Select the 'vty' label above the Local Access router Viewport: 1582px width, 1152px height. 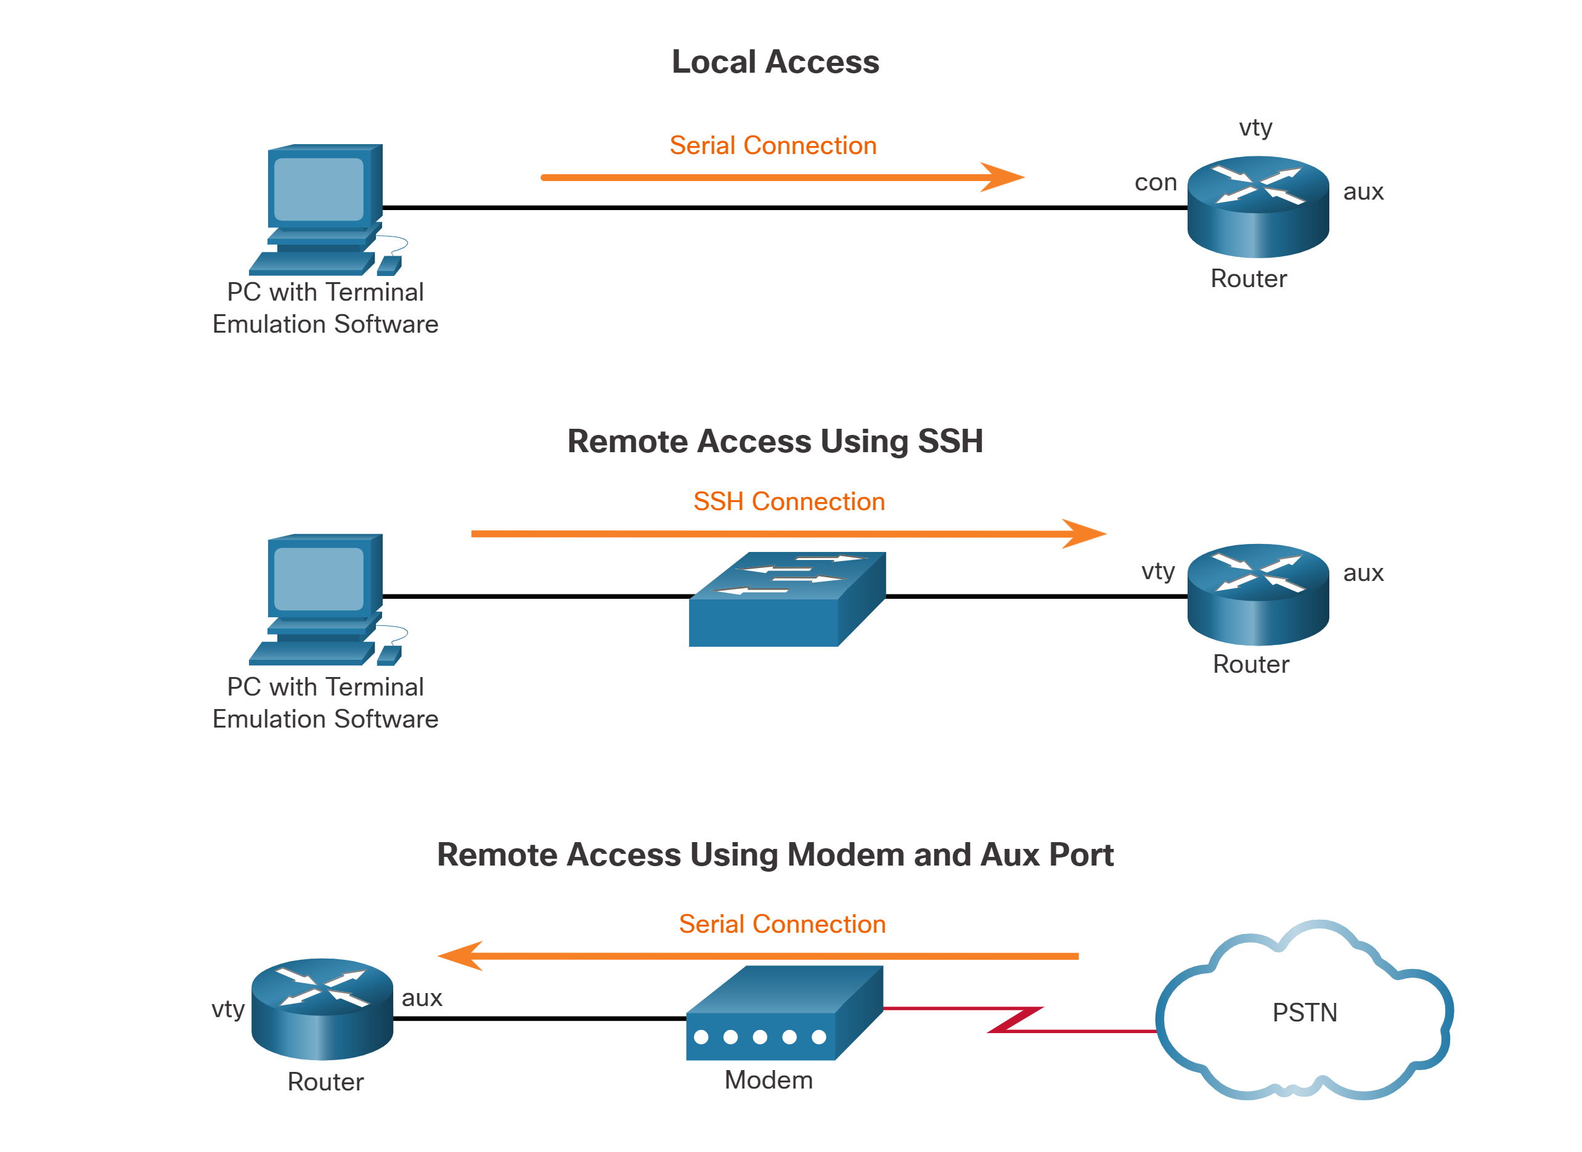point(1255,127)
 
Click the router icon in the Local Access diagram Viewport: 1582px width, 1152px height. point(1258,207)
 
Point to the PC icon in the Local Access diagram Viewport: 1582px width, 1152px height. point(325,209)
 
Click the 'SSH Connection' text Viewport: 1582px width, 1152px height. point(789,501)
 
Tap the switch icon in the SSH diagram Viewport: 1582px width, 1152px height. point(787,599)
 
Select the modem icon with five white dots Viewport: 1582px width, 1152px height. point(784,1013)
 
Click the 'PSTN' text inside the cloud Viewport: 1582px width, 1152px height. point(1305,1013)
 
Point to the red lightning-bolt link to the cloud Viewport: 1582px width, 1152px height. point(1016,1020)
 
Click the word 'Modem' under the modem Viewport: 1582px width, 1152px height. point(769,1079)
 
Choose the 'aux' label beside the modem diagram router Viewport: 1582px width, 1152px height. point(422,998)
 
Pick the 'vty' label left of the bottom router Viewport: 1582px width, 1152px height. point(228,1008)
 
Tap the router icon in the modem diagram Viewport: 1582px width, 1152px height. point(322,1009)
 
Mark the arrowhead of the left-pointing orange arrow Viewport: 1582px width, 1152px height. point(460,955)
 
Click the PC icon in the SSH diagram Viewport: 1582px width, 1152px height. point(325,599)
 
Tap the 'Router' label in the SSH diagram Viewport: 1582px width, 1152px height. point(1250,664)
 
